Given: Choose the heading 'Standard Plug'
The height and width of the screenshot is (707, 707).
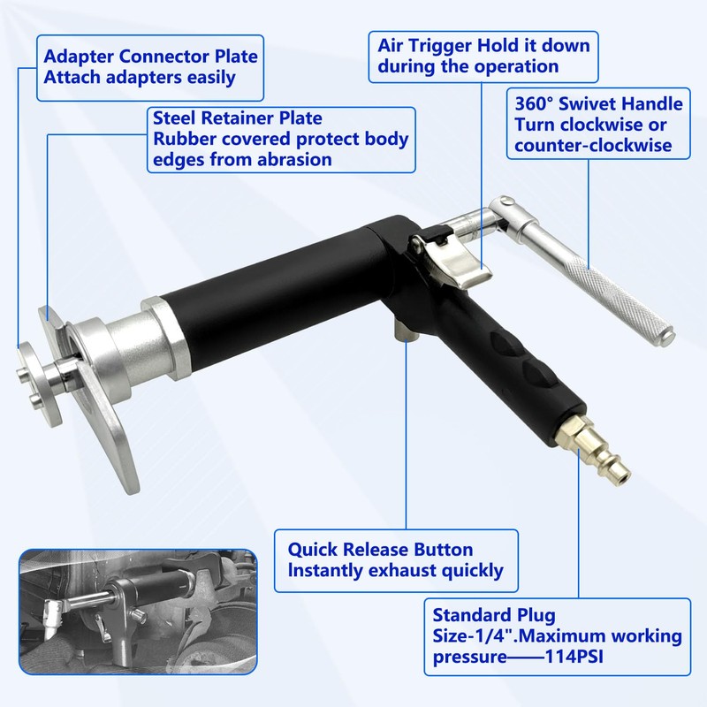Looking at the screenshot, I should click(494, 614).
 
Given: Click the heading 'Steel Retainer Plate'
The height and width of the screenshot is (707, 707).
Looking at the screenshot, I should click(238, 118).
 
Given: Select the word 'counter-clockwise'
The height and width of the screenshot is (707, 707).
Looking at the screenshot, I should click(591, 145).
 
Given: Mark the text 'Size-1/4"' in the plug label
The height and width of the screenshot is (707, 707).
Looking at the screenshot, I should click(473, 637).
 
